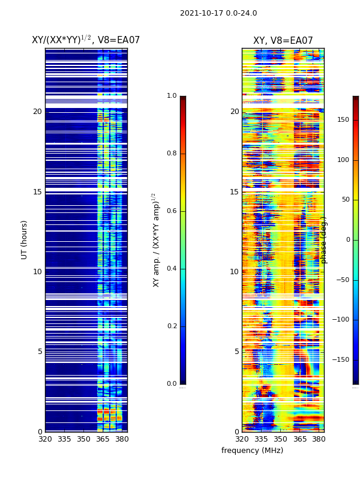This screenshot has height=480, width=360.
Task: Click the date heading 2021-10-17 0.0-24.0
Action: click(218, 13)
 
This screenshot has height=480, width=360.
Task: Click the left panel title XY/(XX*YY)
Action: click(86, 40)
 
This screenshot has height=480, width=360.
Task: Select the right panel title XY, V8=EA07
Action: click(283, 41)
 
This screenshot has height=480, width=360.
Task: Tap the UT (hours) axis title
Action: click(25, 239)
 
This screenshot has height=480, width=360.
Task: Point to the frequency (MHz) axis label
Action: click(252, 451)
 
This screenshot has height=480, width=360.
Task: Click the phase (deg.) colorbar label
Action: click(324, 240)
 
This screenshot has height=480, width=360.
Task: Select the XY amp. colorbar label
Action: click(155, 240)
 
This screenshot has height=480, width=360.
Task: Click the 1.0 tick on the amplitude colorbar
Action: click(172, 96)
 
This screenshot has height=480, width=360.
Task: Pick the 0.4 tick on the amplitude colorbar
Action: click(172, 269)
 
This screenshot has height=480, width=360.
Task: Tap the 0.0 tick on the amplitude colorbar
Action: click(172, 384)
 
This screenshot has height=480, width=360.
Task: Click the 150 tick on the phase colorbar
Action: click(343, 120)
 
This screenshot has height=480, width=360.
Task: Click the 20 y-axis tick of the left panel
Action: click(37, 112)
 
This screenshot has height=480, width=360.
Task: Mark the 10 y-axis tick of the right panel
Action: click(234, 272)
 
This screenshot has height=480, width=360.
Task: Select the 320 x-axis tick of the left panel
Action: click(45, 439)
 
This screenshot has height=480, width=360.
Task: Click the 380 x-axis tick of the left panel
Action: click(122, 439)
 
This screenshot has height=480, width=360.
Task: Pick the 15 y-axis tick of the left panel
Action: click(37, 192)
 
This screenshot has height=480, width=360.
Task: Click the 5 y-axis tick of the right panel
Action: click(236, 352)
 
